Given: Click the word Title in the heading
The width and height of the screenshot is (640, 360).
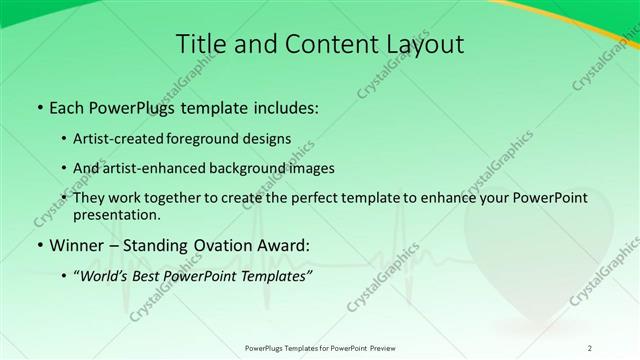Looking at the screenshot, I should pos(199,44).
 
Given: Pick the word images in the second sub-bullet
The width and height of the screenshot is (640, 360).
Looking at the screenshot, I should pos(309,168).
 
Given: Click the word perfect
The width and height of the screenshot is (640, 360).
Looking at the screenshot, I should pos(329,198).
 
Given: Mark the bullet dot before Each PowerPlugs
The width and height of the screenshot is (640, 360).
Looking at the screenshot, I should pos(38,107).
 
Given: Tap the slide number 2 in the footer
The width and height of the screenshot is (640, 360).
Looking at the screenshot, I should pos(590,347).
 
